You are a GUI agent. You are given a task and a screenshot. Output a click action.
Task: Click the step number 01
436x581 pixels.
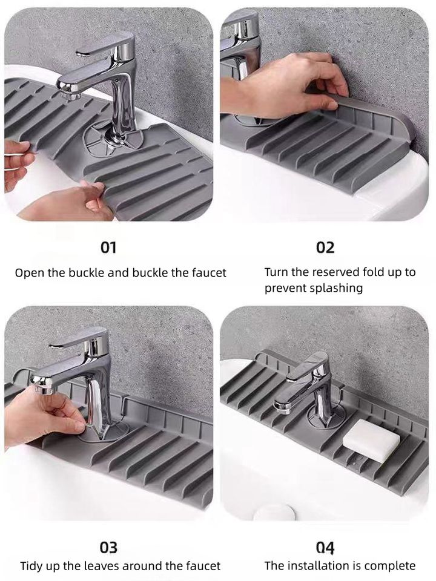[x=108, y=248]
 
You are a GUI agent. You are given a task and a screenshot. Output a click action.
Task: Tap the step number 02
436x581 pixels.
[x=325, y=248]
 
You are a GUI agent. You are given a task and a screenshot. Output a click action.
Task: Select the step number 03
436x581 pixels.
[x=108, y=547]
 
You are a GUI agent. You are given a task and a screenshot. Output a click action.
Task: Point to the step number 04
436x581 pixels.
[x=325, y=547]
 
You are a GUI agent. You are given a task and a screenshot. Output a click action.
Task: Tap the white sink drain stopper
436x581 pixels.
[x=274, y=513]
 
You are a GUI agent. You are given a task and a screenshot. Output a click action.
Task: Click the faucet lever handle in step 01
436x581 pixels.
[x=105, y=47]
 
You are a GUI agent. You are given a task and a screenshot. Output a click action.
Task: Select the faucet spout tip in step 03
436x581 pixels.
[x=42, y=386]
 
